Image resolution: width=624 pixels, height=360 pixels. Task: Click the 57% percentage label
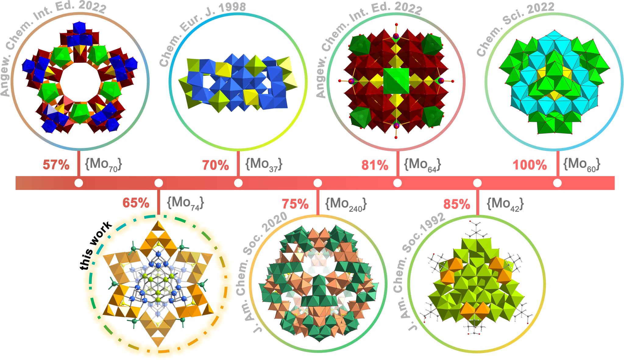[56, 165]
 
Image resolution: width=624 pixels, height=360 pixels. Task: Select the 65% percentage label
[136, 203]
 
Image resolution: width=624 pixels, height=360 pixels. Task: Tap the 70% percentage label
[215, 165]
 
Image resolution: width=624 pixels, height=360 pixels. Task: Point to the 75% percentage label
[295, 204]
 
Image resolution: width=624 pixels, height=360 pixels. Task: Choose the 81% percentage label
[375, 165]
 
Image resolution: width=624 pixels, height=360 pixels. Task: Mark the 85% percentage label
[456, 204]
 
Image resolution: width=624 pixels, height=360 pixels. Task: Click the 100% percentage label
[530, 165]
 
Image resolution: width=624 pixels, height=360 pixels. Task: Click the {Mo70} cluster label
[104, 165]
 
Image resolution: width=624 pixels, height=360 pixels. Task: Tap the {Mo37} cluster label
[264, 165]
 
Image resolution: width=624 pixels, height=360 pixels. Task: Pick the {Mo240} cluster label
[346, 204]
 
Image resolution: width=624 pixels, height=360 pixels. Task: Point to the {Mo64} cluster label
[423, 165]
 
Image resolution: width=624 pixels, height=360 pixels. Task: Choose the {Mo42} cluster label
[505, 204]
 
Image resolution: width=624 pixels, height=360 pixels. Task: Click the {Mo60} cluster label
[582, 165]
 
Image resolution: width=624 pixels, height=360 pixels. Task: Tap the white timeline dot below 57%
[79, 183]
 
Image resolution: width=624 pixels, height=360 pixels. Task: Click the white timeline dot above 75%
[318, 183]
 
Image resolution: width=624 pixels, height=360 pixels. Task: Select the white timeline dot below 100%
[557, 183]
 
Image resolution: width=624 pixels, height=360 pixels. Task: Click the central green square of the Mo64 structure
[396, 81]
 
